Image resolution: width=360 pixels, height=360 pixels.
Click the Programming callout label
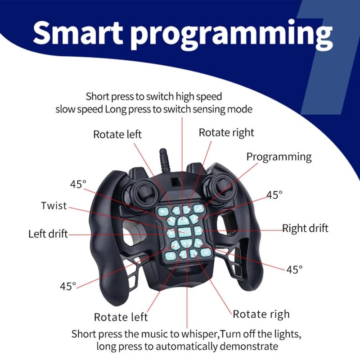(279, 157)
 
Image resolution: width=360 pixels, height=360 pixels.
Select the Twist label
(54, 206)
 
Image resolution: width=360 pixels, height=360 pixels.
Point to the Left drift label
(48, 234)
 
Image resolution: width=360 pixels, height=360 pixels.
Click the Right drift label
(305, 228)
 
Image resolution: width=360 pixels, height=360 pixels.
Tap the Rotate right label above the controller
(226, 132)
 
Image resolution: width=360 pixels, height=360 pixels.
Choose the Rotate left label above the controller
(117, 134)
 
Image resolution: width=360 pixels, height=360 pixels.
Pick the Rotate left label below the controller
(121, 317)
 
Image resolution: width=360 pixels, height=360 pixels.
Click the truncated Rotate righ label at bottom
(261, 314)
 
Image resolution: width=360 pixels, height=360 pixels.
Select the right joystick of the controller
(220, 188)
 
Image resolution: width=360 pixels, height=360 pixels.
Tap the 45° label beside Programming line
(274, 195)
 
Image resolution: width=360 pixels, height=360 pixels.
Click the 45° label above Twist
(78, 184)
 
